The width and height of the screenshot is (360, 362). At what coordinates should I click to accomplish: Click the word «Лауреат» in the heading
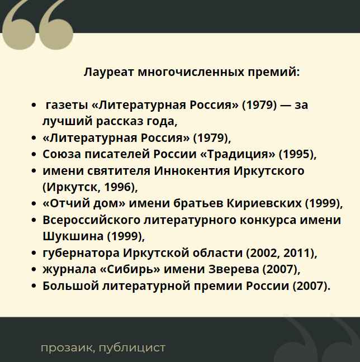109,72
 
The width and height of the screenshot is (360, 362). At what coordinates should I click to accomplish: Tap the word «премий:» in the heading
274,72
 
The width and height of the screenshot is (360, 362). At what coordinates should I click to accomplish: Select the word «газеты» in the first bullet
67,105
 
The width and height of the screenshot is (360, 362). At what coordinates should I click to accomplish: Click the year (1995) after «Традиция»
297,154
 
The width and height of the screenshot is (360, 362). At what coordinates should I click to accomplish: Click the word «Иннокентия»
192,171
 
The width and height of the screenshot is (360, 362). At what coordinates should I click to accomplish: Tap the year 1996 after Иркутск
117,187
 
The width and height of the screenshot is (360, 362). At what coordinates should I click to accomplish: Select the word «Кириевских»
264,203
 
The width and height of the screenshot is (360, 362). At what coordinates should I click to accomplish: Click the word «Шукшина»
73,236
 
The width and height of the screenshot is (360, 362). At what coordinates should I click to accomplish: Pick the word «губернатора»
81,253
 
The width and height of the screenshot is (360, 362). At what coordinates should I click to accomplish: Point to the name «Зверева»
234,269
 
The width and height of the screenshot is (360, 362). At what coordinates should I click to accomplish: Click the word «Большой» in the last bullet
70,286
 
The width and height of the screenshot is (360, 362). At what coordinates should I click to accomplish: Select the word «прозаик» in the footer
68,347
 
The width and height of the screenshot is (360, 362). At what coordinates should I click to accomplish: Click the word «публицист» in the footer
132,347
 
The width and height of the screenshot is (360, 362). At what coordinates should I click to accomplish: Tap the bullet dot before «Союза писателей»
34,154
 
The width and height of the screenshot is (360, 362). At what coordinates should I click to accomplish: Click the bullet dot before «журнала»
34,269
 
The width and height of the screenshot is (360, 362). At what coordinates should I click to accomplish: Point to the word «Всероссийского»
92,220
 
